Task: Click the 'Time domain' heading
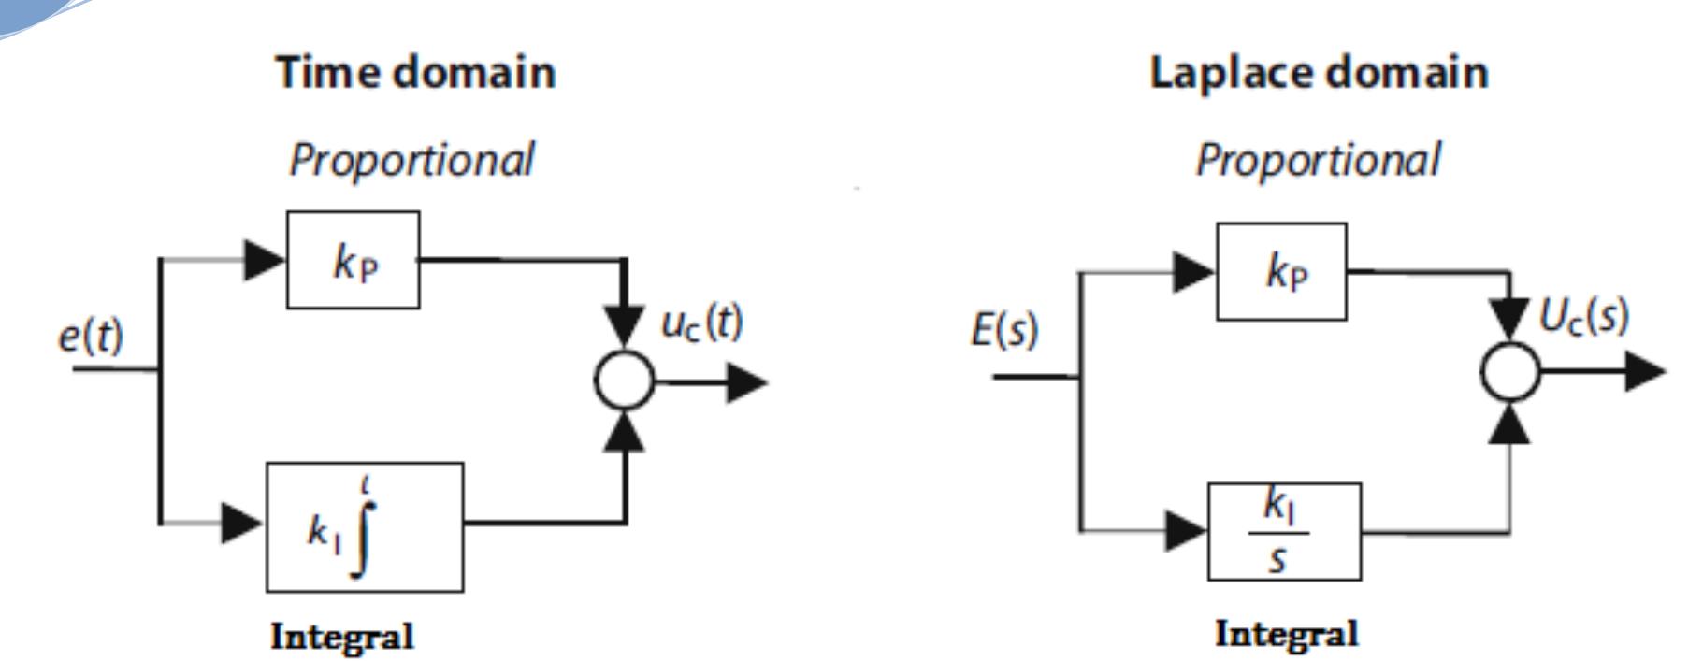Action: pos(415,73)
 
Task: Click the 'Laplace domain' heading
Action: pos(1318,73)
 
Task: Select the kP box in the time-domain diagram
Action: pos(353,260)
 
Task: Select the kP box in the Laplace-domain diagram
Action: pos(1281,271)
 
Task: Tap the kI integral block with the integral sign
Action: pos(364,526)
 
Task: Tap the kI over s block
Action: pos(1283,531)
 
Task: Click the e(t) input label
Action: pos(90,336)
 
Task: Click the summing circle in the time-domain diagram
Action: pos(624,381)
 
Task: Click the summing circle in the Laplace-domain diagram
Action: pos(1508,371)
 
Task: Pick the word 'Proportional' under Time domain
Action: pos(411,159)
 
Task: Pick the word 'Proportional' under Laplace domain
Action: pos(1318,159)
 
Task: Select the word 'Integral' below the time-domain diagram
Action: pos(341,638)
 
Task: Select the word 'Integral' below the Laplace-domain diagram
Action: pos(1286,634)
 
